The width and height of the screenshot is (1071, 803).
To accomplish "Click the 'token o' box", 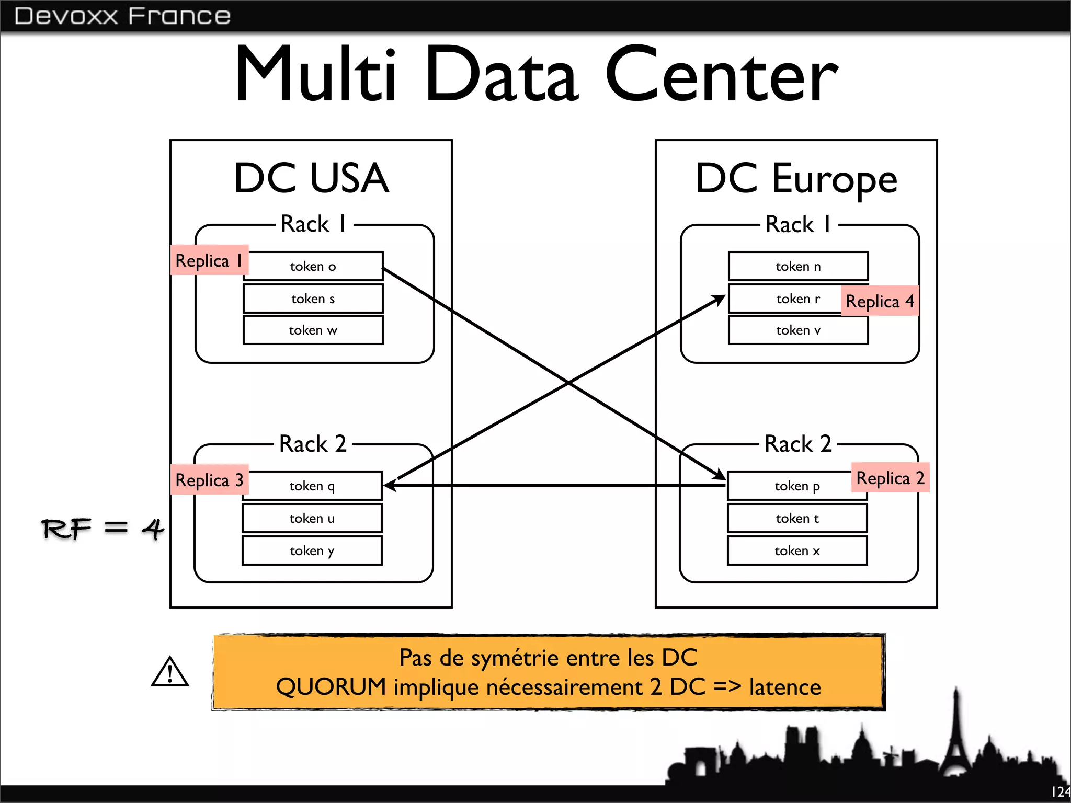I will coord(313,267).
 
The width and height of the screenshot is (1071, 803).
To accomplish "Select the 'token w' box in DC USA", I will coord(313,330).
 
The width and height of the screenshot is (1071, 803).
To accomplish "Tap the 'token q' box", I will coord(312,486).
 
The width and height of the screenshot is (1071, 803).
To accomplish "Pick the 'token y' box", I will coord(312,551).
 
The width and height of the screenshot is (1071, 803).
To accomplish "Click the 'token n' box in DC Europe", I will coord(798,267).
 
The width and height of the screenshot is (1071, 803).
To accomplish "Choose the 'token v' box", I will coord(798,330).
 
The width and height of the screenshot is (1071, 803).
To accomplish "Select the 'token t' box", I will coord(797,519).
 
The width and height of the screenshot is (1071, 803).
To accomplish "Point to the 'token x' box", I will coord(797,551).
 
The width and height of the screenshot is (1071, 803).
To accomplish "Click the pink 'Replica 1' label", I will coord(209,260).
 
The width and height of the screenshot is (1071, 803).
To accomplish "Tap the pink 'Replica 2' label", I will coord(890,478).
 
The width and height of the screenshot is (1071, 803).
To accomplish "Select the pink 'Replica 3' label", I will coord(209,479).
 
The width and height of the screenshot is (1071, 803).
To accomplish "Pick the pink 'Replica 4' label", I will coord(880,301).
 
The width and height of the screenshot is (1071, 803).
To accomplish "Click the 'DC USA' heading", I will coord(312,179).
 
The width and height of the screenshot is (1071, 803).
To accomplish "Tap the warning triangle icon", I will coord(169,672).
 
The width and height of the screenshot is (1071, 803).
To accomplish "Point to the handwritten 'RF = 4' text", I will coord(102,529).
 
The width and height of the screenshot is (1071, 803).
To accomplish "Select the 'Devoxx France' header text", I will coord(122,16).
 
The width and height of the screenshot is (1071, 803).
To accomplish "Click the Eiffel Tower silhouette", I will coord(956,742).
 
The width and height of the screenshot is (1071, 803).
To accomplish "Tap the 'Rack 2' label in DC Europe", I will coord(798,444).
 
